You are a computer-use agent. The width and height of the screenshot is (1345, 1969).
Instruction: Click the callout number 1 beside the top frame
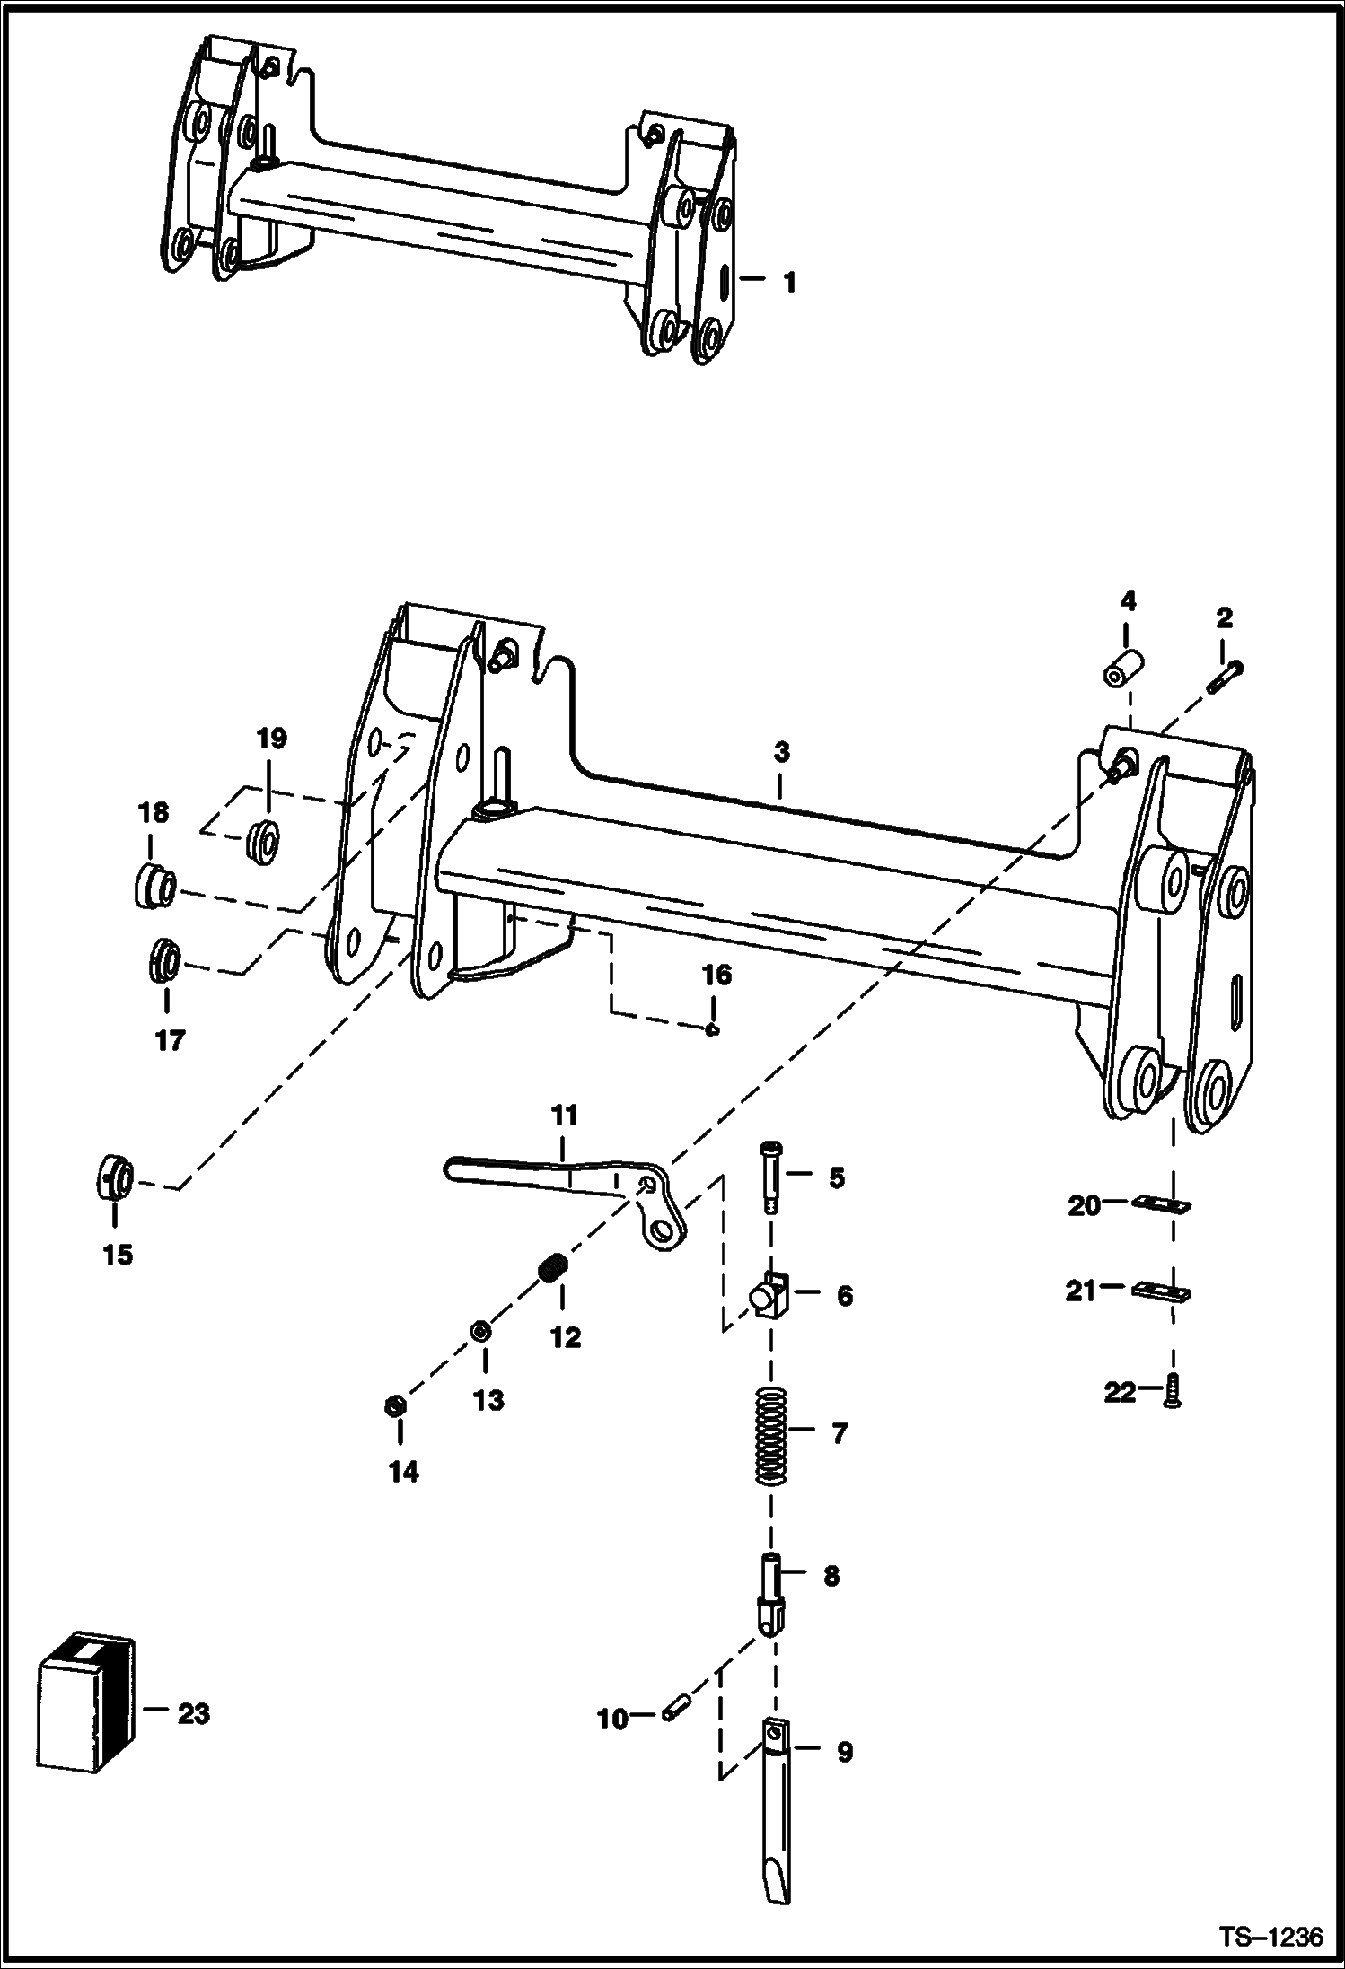[788, 284]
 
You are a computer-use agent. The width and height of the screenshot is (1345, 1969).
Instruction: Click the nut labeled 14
[392, 1406]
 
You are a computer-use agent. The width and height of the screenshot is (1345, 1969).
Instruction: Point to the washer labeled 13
[480, 1331]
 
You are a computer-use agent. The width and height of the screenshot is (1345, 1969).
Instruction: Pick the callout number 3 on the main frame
[781, 752]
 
